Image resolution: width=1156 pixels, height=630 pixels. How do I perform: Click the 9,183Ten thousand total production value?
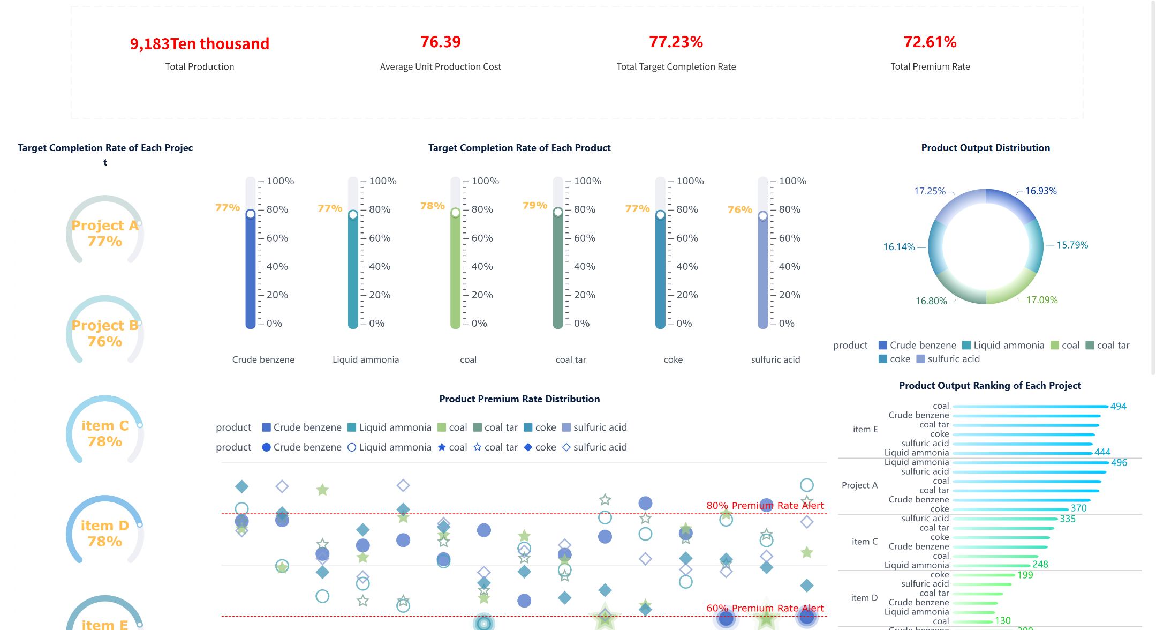199,43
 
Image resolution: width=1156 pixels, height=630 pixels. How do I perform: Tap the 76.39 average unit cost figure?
440,42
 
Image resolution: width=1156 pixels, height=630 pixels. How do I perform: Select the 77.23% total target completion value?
676,42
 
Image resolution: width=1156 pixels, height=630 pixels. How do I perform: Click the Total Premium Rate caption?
930,66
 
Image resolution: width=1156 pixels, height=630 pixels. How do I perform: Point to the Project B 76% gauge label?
105,333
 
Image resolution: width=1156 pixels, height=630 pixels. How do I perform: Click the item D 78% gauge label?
105,534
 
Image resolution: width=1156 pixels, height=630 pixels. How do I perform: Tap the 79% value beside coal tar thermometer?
534,205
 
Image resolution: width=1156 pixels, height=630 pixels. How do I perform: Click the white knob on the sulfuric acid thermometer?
762,216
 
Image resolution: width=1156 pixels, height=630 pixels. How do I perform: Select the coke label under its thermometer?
673,359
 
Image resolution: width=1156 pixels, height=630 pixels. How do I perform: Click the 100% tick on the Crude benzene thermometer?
280,181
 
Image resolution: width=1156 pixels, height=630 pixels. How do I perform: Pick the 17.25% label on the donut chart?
930,191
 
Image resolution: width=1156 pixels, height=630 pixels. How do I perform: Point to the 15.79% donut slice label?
1072,245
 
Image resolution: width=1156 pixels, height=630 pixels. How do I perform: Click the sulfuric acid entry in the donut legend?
948,359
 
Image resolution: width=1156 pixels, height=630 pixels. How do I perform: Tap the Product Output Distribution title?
985,148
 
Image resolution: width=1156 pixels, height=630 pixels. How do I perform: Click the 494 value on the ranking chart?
1118,406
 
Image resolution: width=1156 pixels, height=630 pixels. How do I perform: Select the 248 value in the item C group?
1040,564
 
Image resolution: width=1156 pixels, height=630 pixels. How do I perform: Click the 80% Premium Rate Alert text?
765,505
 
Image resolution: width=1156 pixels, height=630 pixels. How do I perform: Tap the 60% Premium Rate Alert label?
765,608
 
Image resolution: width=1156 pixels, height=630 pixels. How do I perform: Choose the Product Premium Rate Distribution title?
519,399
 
